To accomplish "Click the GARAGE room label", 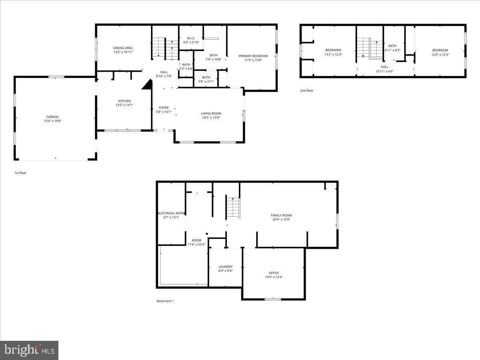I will coord(52,117).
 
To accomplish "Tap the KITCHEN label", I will coord(124,101).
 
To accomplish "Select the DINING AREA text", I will coord(123,48).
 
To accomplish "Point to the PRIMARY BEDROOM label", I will coord(253,56).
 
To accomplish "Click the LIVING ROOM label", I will coord(211,114).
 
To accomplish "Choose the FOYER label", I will coord(164,108).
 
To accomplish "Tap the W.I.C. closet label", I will coord(191,38).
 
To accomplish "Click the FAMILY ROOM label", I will coord(282,215).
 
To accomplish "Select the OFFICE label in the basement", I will coord(274,273).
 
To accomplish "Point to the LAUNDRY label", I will coord(226,266).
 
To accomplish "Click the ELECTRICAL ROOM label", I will coord(172,213).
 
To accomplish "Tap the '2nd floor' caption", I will coord(307,91).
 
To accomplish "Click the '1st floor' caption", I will coord(20,173).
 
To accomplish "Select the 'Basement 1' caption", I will coord(165,301).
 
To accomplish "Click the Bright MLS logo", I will coord(29,350).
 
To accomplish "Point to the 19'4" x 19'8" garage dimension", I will coord(52,121).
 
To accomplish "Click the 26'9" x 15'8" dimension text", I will coord(282,220).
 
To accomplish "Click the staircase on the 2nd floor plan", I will coord(370,48).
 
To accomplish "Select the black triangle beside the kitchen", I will coord(148,84).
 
